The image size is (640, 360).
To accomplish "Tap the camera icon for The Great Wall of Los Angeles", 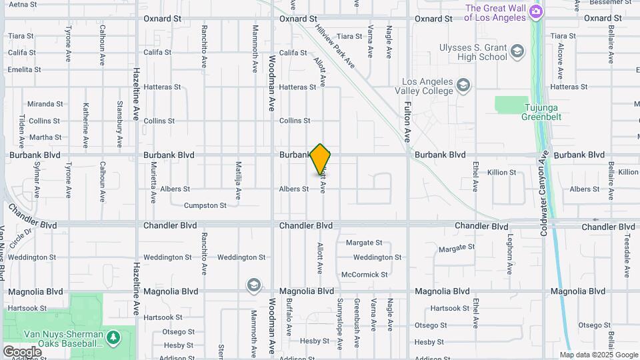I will [535, 12].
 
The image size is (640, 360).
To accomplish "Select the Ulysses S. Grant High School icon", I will [517, 51].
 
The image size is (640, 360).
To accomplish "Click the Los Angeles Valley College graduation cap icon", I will [464, 85].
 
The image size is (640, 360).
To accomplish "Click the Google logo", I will [22, 351].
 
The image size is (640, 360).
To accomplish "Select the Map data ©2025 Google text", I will [599, 355].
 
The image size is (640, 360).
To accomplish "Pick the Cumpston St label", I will [205, 205].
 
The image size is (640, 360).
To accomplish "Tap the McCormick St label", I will [364, 275].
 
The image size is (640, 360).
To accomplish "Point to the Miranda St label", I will [45, 104].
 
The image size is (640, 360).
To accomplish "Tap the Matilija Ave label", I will [238, 181].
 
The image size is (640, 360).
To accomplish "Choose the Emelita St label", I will [24, 69].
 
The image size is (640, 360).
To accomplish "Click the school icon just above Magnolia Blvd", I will [253, 285].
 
